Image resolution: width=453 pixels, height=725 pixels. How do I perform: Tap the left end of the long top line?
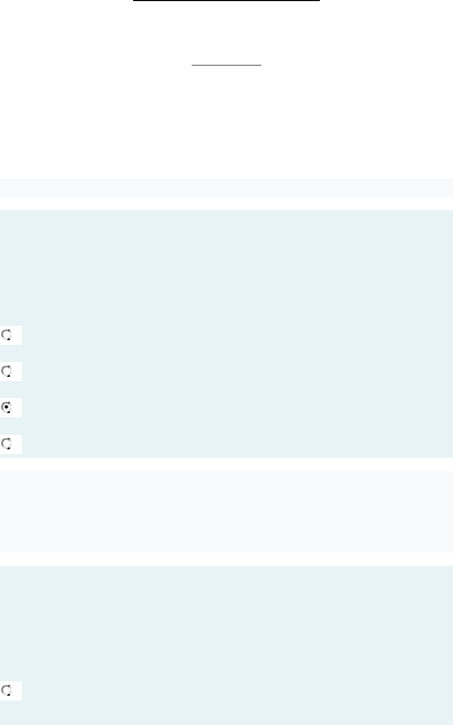pos(134,1)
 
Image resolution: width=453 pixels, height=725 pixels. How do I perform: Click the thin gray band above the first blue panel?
pos(226,188)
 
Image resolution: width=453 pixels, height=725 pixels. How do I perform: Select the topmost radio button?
pos(7,335)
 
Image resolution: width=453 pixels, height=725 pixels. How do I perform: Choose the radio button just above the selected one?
pos(7,371)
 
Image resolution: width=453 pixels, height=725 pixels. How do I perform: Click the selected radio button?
pos(7,407)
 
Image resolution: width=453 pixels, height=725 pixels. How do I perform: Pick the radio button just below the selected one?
pos(7,443)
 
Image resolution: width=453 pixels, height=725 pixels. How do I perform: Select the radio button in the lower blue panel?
pos(7,690)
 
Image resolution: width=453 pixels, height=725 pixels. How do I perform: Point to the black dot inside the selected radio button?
pos(7,407)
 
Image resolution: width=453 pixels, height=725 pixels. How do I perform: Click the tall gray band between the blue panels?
pos(226,512)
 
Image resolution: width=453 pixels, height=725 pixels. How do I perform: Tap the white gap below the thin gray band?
pos(226,203)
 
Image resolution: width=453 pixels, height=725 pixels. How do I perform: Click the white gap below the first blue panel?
pos(226,464)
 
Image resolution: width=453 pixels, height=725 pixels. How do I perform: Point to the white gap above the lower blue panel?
pos(226,559)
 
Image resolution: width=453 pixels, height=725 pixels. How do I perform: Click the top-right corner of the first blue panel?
pos(452,210)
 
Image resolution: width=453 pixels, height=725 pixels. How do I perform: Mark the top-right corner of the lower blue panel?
pos(452,566)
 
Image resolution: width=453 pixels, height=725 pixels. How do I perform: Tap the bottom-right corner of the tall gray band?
pos(452,551)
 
